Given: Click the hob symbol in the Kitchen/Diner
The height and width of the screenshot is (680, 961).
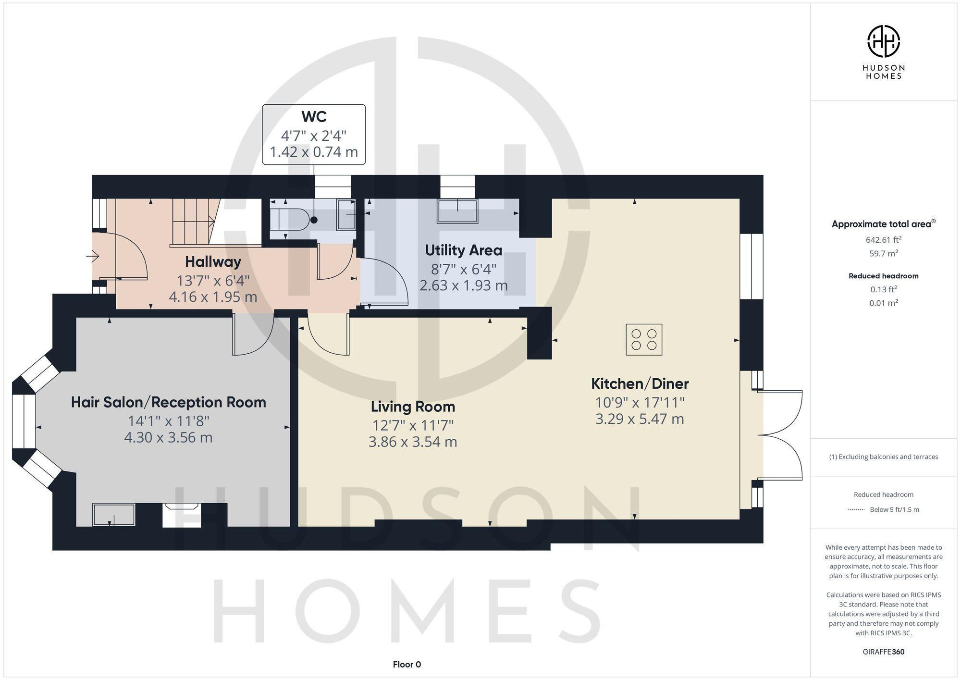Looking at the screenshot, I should coord(644,340).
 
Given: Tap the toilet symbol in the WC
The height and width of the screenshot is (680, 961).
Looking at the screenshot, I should coord(289,220).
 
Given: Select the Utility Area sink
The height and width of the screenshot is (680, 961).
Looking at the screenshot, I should coord(457,211).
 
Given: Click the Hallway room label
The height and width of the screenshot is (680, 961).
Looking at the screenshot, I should coord(213,262).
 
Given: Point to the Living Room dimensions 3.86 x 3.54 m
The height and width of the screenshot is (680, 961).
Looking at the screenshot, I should coord(412,442).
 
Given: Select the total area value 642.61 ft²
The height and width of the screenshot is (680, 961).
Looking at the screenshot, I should coord(883,240).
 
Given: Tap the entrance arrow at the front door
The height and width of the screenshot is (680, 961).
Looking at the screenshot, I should coord(93,257).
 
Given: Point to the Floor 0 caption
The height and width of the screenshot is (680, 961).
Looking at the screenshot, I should coord(407,664).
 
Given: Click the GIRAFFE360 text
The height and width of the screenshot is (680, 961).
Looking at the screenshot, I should coord(883,652).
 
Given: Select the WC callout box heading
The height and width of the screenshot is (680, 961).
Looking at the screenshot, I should coord(314,117).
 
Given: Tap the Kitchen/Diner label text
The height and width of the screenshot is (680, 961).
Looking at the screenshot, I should coord(640,384).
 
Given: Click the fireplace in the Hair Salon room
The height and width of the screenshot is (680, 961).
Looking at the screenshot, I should coord(182,514).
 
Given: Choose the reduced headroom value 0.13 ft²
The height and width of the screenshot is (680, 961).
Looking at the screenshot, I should coord(883,289).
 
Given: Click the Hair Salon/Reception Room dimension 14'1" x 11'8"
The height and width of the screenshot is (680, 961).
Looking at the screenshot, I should coord(168,421).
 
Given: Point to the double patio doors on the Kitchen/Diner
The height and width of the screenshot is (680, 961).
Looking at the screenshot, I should coord(779,435).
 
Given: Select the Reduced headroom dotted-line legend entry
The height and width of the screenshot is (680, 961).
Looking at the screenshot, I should coord(883,509).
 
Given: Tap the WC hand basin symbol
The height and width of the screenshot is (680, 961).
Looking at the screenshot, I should coord(346,214).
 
